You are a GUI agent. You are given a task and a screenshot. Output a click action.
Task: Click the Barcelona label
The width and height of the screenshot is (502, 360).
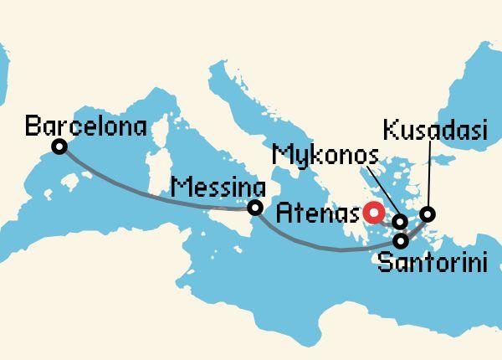point(86,127)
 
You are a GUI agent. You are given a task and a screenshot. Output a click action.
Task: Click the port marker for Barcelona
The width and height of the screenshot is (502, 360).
point(59,147)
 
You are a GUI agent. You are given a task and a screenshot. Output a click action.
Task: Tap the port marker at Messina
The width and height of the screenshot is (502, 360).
point(254,208)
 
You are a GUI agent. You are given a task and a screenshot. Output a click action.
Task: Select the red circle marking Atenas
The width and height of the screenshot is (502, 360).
point(371,212)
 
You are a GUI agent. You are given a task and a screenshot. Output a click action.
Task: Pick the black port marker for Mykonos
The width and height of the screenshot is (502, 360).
point(400,223)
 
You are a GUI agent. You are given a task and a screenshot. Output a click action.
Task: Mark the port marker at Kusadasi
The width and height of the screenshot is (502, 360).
point(427,214)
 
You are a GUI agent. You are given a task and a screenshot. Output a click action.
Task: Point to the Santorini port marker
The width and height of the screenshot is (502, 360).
point(401,242)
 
